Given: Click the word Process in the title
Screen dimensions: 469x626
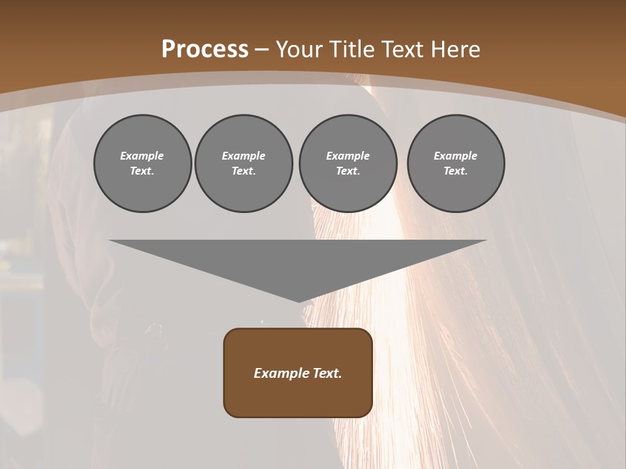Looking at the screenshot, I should pos(205,50).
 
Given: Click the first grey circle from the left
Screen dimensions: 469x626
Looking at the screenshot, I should pos(142,163).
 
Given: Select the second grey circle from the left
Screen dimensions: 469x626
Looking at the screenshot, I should pos(244,163).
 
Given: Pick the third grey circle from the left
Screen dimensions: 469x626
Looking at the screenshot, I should pos(348,163).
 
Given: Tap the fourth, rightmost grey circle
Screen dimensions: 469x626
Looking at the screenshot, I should pos(456,163).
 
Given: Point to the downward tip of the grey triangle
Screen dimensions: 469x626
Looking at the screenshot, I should pos(299,301).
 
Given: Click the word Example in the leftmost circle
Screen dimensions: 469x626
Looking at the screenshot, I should pos(142,156).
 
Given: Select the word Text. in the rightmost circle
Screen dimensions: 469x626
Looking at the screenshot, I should pos(456,171).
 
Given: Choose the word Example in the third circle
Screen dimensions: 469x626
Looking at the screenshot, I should pos(348,156).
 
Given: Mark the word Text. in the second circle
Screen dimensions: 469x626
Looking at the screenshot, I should pos(244,171).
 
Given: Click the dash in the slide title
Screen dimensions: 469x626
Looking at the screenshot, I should pos(261,50).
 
